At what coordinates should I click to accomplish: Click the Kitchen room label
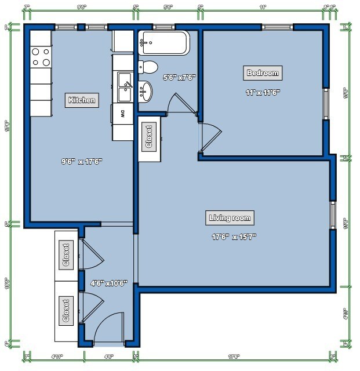[x=82, y=100]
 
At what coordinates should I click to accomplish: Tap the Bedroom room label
[x=263, y=72]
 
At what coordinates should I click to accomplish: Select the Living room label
[x=230, y=218]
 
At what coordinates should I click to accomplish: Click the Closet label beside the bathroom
[x=148, y=137]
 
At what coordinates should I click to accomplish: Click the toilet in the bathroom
[x=148, y=67]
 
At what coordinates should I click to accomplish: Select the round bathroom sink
[x=147, y=90]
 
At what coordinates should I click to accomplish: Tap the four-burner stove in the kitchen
[x=41, y=57]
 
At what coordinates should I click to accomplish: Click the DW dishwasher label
[x=123, y=113]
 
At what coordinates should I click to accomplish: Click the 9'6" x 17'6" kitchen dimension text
[x=82, y=162]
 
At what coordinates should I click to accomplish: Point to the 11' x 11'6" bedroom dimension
[x=263, y=92]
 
